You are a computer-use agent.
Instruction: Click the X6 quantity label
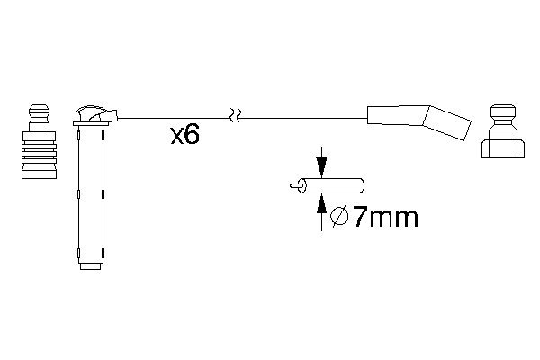point(184,135)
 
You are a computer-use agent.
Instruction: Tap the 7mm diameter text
point(385,217)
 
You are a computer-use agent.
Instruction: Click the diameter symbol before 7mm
point(339,216)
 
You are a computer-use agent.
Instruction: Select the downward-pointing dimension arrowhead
point(321,167)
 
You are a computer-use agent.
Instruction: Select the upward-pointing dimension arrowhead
point(321,203)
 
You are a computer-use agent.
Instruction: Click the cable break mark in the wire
point(236,115)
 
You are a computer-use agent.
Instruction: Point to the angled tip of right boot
point(446,122)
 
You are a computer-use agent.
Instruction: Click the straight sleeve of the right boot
point(397,115)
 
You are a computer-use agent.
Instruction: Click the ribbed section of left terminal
point(39,151)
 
